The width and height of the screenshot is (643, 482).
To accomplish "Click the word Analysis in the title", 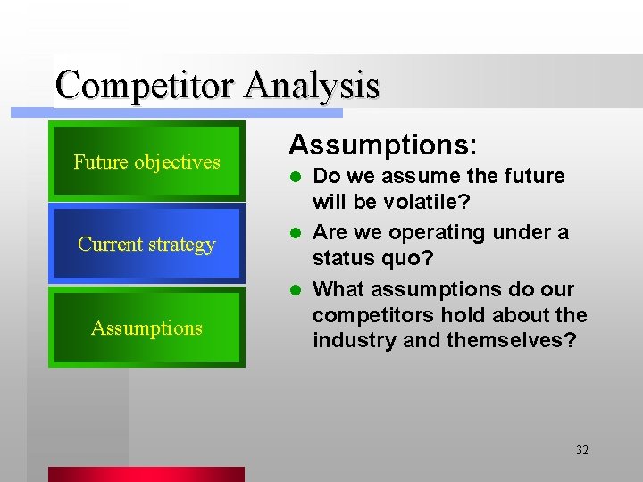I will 312,86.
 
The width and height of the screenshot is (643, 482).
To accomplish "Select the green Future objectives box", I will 146,161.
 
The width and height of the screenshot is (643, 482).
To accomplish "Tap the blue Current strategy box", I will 146,244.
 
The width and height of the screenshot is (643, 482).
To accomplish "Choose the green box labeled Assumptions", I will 146,328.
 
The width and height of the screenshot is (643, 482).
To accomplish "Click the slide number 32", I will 581,450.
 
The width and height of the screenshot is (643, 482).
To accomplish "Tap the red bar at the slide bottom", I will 146,474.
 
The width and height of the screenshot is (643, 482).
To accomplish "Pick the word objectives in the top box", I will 177,162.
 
